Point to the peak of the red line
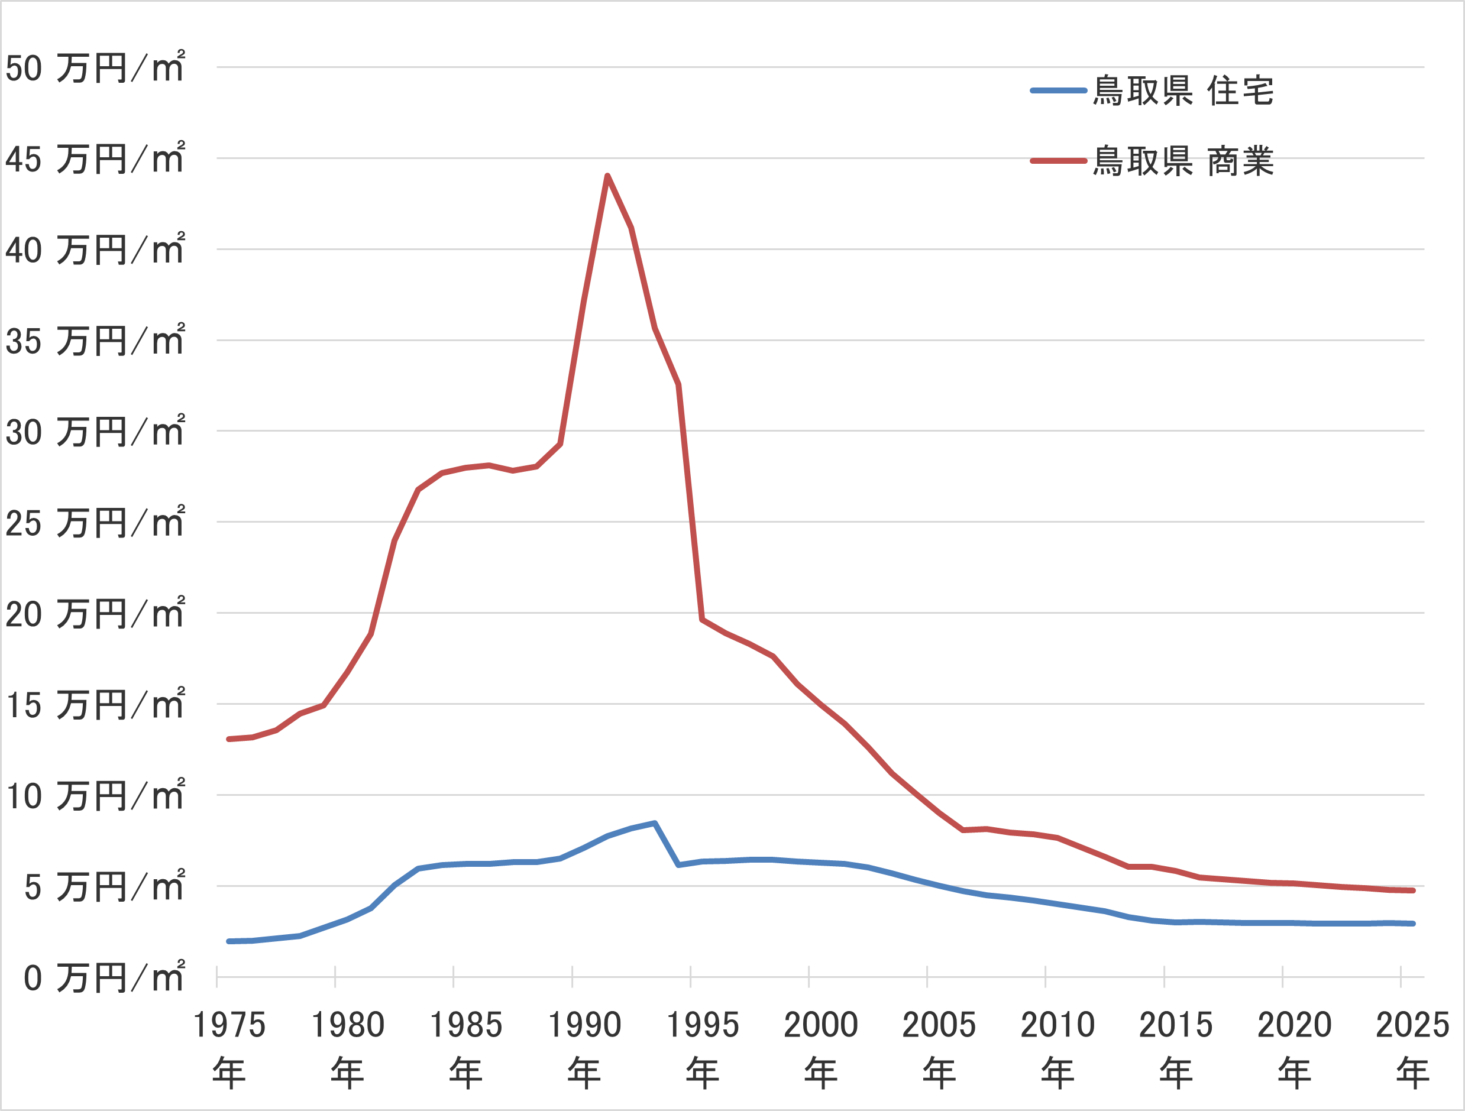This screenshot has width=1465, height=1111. tap(607, 176)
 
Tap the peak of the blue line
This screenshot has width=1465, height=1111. tap(654, 823)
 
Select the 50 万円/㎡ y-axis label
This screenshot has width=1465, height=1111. tap(95, 67)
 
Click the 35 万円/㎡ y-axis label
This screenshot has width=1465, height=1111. tap(95, 341)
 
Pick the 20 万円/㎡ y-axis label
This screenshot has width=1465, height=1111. tap(95, 614)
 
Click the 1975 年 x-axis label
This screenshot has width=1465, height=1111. tap(229, 1048)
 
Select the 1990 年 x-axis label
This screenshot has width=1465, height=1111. tap(584, 1048)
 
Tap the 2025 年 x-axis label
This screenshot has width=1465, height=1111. tap(1412, 1048)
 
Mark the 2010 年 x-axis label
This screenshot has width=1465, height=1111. tap(1057, 1048)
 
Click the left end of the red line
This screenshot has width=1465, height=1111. tap(229, 739)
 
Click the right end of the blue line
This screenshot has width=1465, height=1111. tap(1413, 924)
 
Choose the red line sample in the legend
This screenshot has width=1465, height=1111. tap(1058, 161)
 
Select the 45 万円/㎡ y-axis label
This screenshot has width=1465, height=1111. tap(95, 159)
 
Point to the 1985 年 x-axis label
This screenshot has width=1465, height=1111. tap(465, 1048)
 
